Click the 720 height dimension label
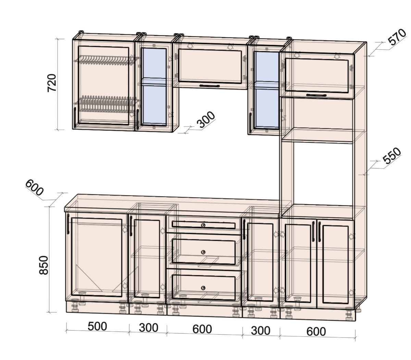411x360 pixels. click(x=52, y=83)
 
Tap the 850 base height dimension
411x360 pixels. click(x=43, y=265)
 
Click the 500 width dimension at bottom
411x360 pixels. click(x=97, y=326)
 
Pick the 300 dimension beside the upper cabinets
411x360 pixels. click(x=206, y=120)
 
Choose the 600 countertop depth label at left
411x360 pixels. click(x=35, y=188)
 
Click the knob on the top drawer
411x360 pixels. click(x=203, y=225)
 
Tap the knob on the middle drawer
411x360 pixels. click(x=203, y=252)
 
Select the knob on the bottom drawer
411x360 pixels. click(x=203, y=288)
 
